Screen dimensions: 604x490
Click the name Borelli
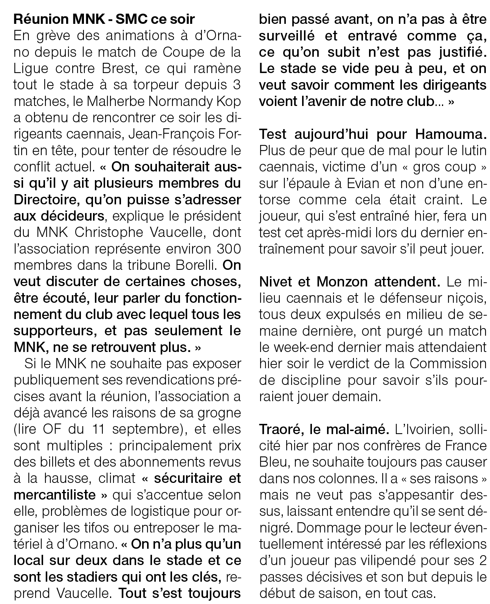pos(198,266)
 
